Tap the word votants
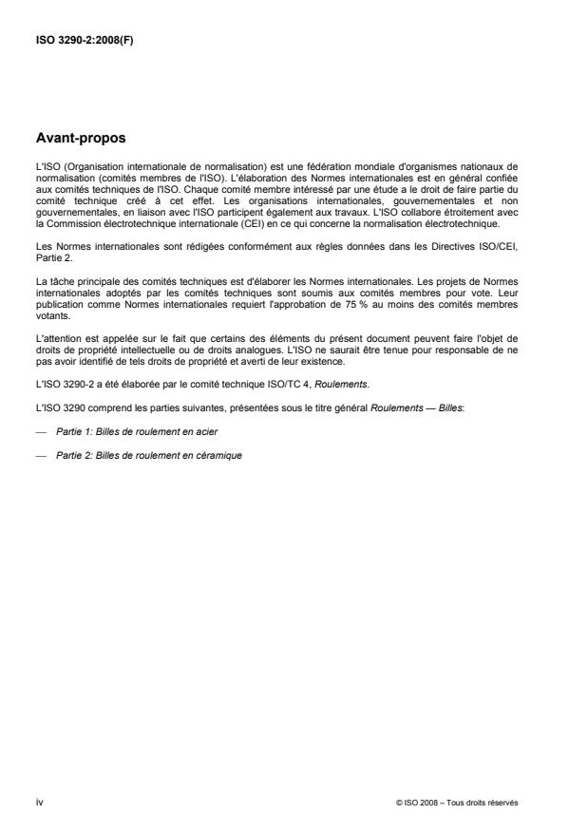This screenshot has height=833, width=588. point(50,299)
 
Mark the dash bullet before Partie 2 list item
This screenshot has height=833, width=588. point(41,428)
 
